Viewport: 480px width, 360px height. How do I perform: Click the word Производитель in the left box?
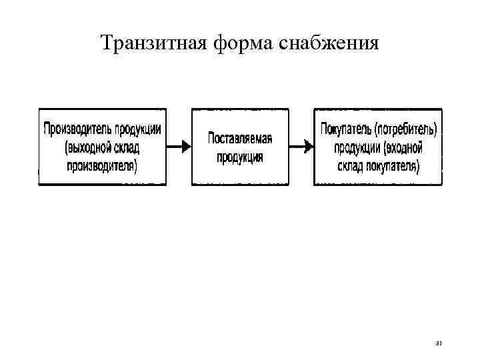point(76,129)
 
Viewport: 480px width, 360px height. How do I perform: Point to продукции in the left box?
point(137,129)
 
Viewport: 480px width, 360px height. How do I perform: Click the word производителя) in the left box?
point(102,165)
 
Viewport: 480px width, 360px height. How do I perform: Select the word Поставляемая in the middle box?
point(240,139)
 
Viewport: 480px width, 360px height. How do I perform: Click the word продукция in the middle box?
point(240,157)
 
